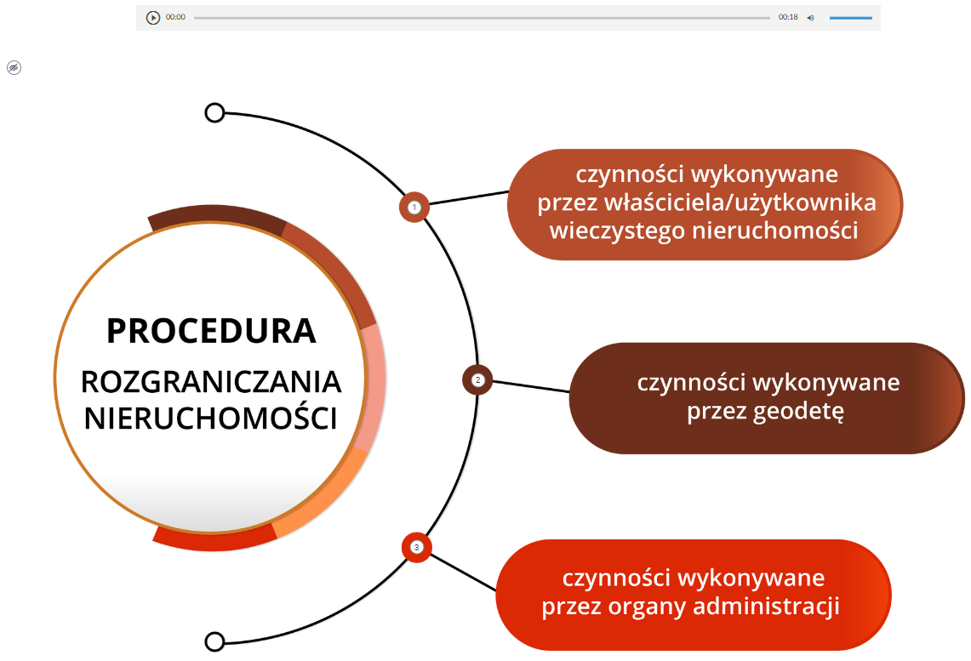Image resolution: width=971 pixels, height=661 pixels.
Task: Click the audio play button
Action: [153, 17]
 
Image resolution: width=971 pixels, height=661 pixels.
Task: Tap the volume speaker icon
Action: [810, 17]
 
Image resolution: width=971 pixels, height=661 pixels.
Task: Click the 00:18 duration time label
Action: [788, 17]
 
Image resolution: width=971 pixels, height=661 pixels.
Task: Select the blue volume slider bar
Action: [851, 17]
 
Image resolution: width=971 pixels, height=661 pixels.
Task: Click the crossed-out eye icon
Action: [14, 67]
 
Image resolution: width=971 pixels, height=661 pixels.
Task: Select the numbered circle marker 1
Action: [414, 207]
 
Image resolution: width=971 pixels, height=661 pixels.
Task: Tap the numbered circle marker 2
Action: [477, 380]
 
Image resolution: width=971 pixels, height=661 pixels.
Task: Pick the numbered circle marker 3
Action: [416, 547]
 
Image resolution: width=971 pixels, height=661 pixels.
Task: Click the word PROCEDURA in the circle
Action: [211, 330]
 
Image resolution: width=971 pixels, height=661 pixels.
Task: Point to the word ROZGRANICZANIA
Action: [211, 382]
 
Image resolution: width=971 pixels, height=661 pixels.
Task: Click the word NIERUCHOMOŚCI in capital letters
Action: [211, 419]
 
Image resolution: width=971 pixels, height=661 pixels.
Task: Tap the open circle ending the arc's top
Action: [214, 112]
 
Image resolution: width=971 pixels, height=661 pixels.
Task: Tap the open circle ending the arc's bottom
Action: [214, 641]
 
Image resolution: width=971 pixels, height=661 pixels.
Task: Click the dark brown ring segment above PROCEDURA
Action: [213, 214]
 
